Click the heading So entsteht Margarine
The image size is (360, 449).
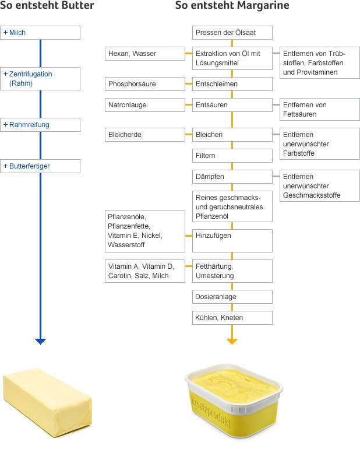tap(232, 6)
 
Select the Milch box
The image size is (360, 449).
tap(40, 33)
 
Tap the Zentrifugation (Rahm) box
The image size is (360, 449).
tap(40, 78)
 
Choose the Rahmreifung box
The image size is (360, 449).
tap(40, 125)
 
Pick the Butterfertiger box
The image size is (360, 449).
tap(40, 166)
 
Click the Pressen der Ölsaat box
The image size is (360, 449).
tap(232, 33)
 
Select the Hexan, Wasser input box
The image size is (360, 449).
tap(144, 54)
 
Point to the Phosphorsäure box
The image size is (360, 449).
tap(144, 84)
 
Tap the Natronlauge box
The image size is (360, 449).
tap(144, 105)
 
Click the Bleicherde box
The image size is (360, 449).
tap(144, 135)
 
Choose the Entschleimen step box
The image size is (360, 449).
tap(232, 84)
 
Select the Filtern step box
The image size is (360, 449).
tap(232, 156)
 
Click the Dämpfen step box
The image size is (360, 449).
tap(232, 177)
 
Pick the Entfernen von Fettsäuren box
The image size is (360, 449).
tap(319, 109)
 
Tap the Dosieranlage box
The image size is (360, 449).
tap(232, 297)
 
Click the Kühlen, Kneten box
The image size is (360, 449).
tap(232, 318)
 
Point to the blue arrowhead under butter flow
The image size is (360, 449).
tap(40, 341)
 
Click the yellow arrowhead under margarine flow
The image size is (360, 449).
tap(232, 341)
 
